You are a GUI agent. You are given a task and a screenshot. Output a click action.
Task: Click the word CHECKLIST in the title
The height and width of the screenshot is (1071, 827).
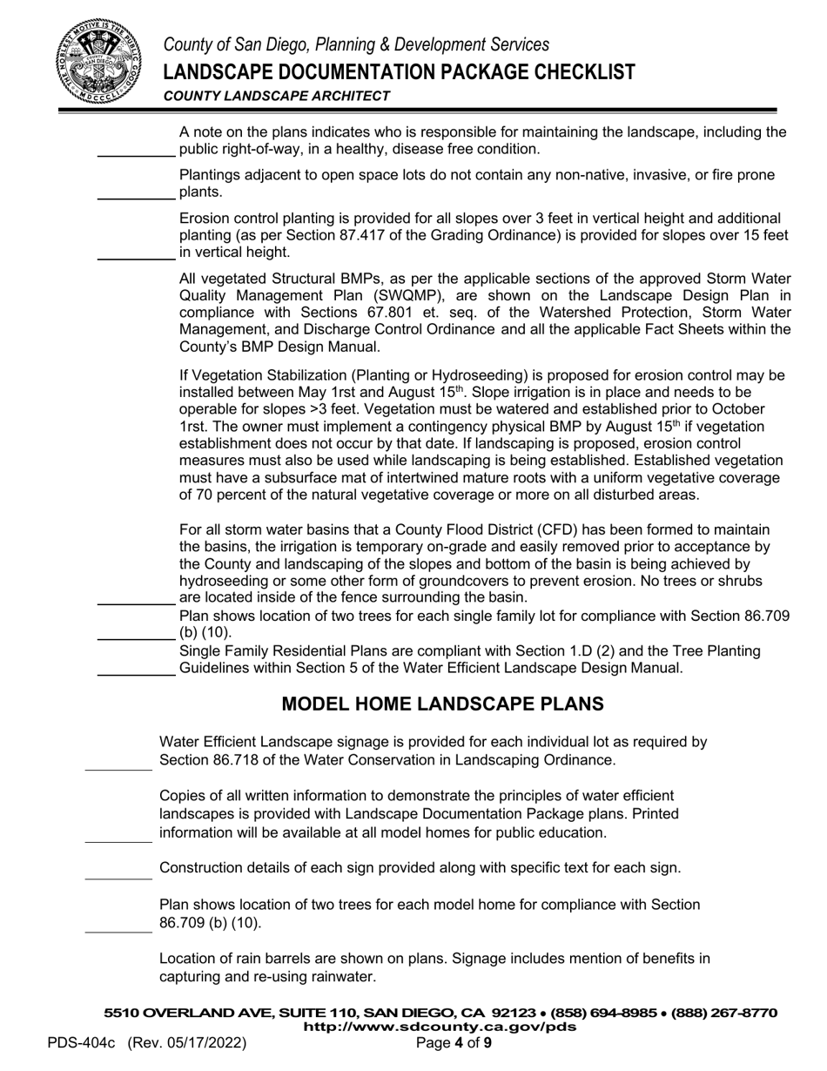click(566, 71)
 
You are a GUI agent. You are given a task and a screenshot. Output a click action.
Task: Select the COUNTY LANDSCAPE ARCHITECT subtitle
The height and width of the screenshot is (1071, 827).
click(276, 96)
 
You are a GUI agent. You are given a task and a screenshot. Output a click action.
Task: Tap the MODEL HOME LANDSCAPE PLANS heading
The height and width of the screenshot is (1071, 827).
click(443, 704)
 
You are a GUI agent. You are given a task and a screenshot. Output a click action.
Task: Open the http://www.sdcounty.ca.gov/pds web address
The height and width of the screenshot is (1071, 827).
click(440, 1027)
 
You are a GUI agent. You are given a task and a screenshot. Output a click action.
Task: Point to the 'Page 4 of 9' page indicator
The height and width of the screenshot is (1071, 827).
click(454, 1043)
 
